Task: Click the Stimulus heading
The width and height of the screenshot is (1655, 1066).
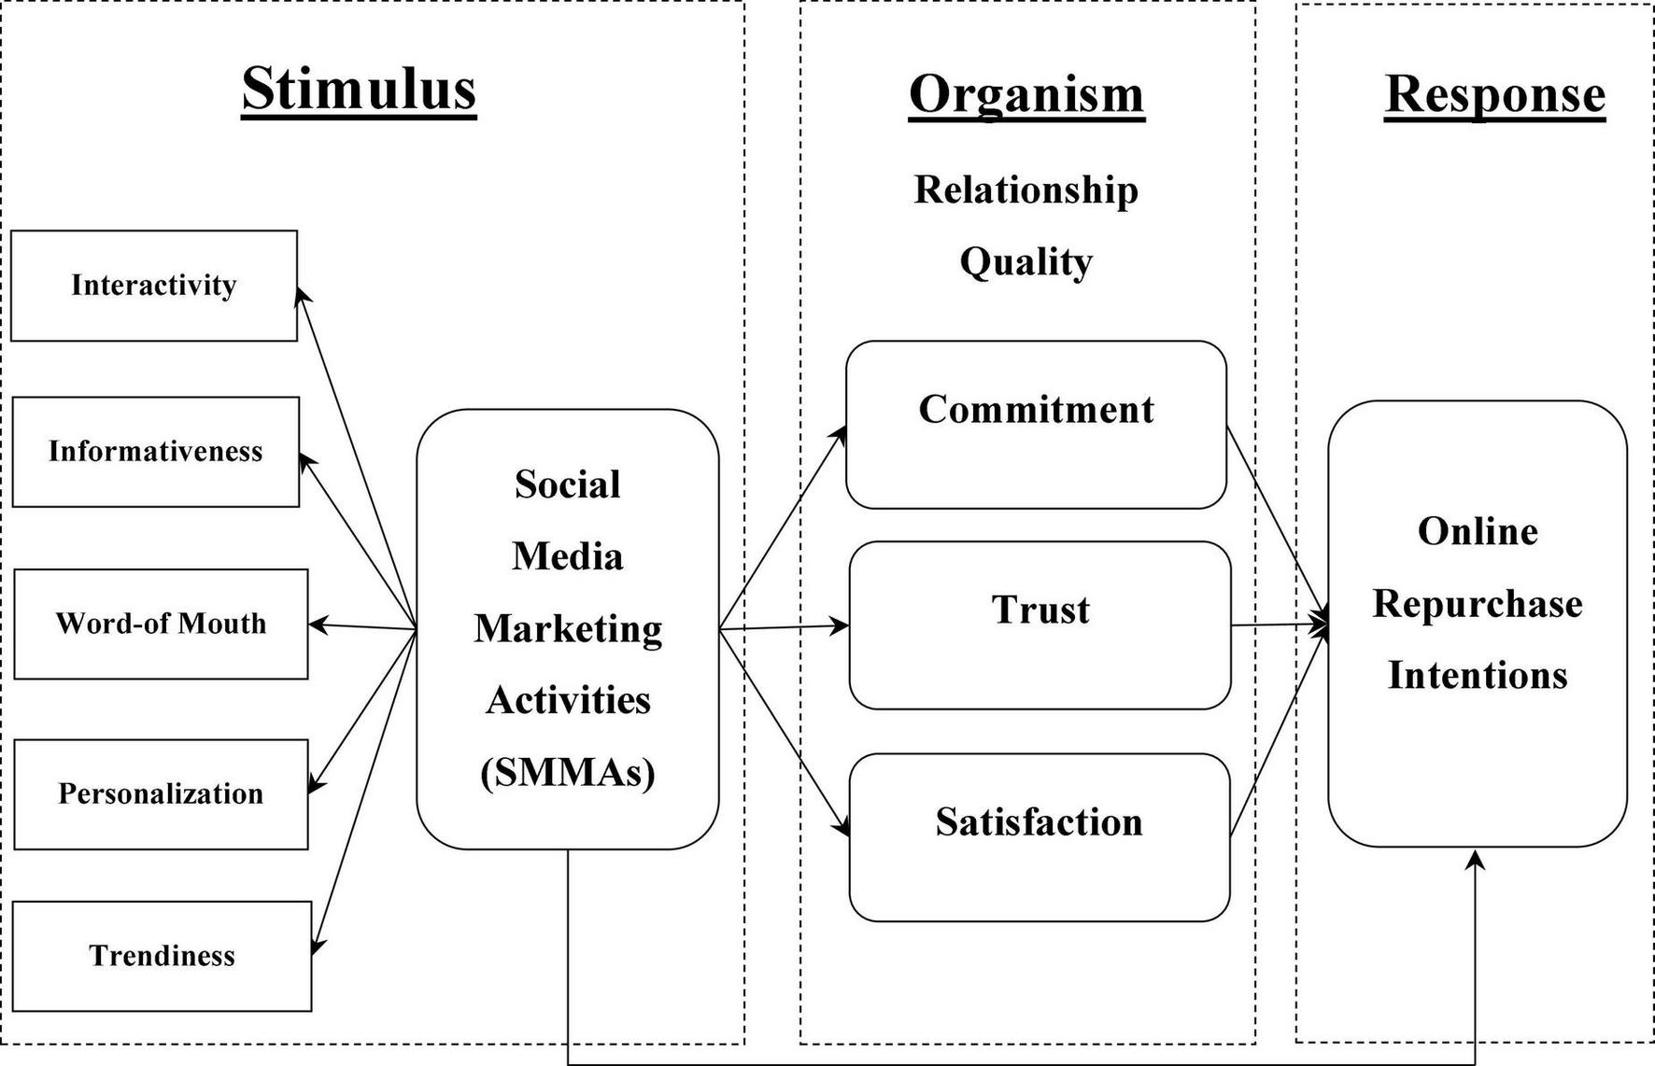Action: (x=359, y=90)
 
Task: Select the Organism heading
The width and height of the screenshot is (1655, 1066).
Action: (x=1026, y=95)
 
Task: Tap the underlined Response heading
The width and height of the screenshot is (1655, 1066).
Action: (x=1494, y=94)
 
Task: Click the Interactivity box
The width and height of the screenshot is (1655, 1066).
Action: (x=154, y=286)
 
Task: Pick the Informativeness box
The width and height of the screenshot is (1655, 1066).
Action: (x=156, y=452)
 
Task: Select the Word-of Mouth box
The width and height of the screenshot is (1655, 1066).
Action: (x=161, y=624)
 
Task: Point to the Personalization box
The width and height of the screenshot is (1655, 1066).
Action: (x=161, y=794)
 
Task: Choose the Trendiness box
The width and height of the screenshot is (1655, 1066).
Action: (x=162, y=956)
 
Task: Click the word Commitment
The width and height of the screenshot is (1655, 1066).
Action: (x=1036, y=410)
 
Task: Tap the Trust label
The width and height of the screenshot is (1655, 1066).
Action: (x=1040, y=610)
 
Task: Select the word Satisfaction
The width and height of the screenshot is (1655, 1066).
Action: (x=1039, y=822)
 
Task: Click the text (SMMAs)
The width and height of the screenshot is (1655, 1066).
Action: (x=567, y=772)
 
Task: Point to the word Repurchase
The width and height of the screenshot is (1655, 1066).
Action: (x=1477, y=604)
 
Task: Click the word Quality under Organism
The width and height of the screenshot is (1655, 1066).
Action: (x=1026, y=261)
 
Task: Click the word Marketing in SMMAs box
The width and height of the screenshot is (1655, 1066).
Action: (x=567, y=629)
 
